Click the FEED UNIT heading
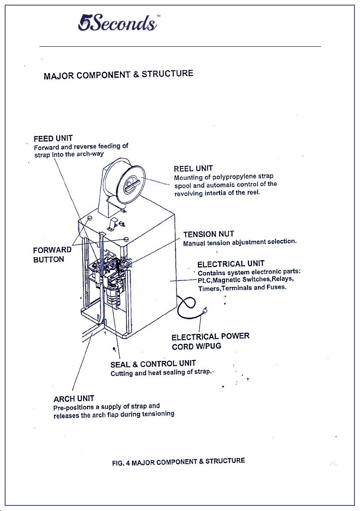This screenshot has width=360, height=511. (x=53, y=138)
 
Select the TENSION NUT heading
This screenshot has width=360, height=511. (x=208, y=234)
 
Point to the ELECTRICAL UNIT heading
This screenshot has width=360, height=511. (x=231, y=264)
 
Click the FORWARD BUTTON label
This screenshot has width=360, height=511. (x=52, y=255)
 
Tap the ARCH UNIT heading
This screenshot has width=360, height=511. (x=74, y=399)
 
